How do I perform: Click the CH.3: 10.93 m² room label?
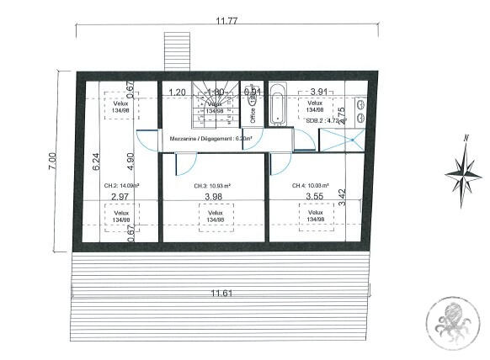tap(212, 186)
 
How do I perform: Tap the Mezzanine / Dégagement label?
tap(211, 139)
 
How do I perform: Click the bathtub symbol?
tap(278, 109)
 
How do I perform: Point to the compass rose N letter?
tap(465, 139)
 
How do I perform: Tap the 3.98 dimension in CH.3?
tap(215, 198)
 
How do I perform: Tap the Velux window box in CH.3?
tap(215, 216)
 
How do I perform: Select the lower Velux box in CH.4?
tap(316, 216)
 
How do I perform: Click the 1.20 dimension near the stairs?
tap(177, 92)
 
